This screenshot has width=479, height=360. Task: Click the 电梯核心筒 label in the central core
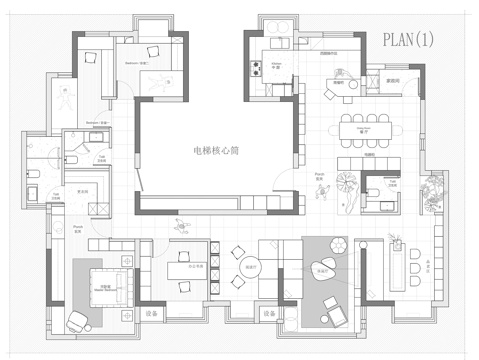(x=215, y=151)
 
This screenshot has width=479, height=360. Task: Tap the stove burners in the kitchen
(x=256, y=69)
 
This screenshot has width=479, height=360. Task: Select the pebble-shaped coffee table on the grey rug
(x=322, y=269)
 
